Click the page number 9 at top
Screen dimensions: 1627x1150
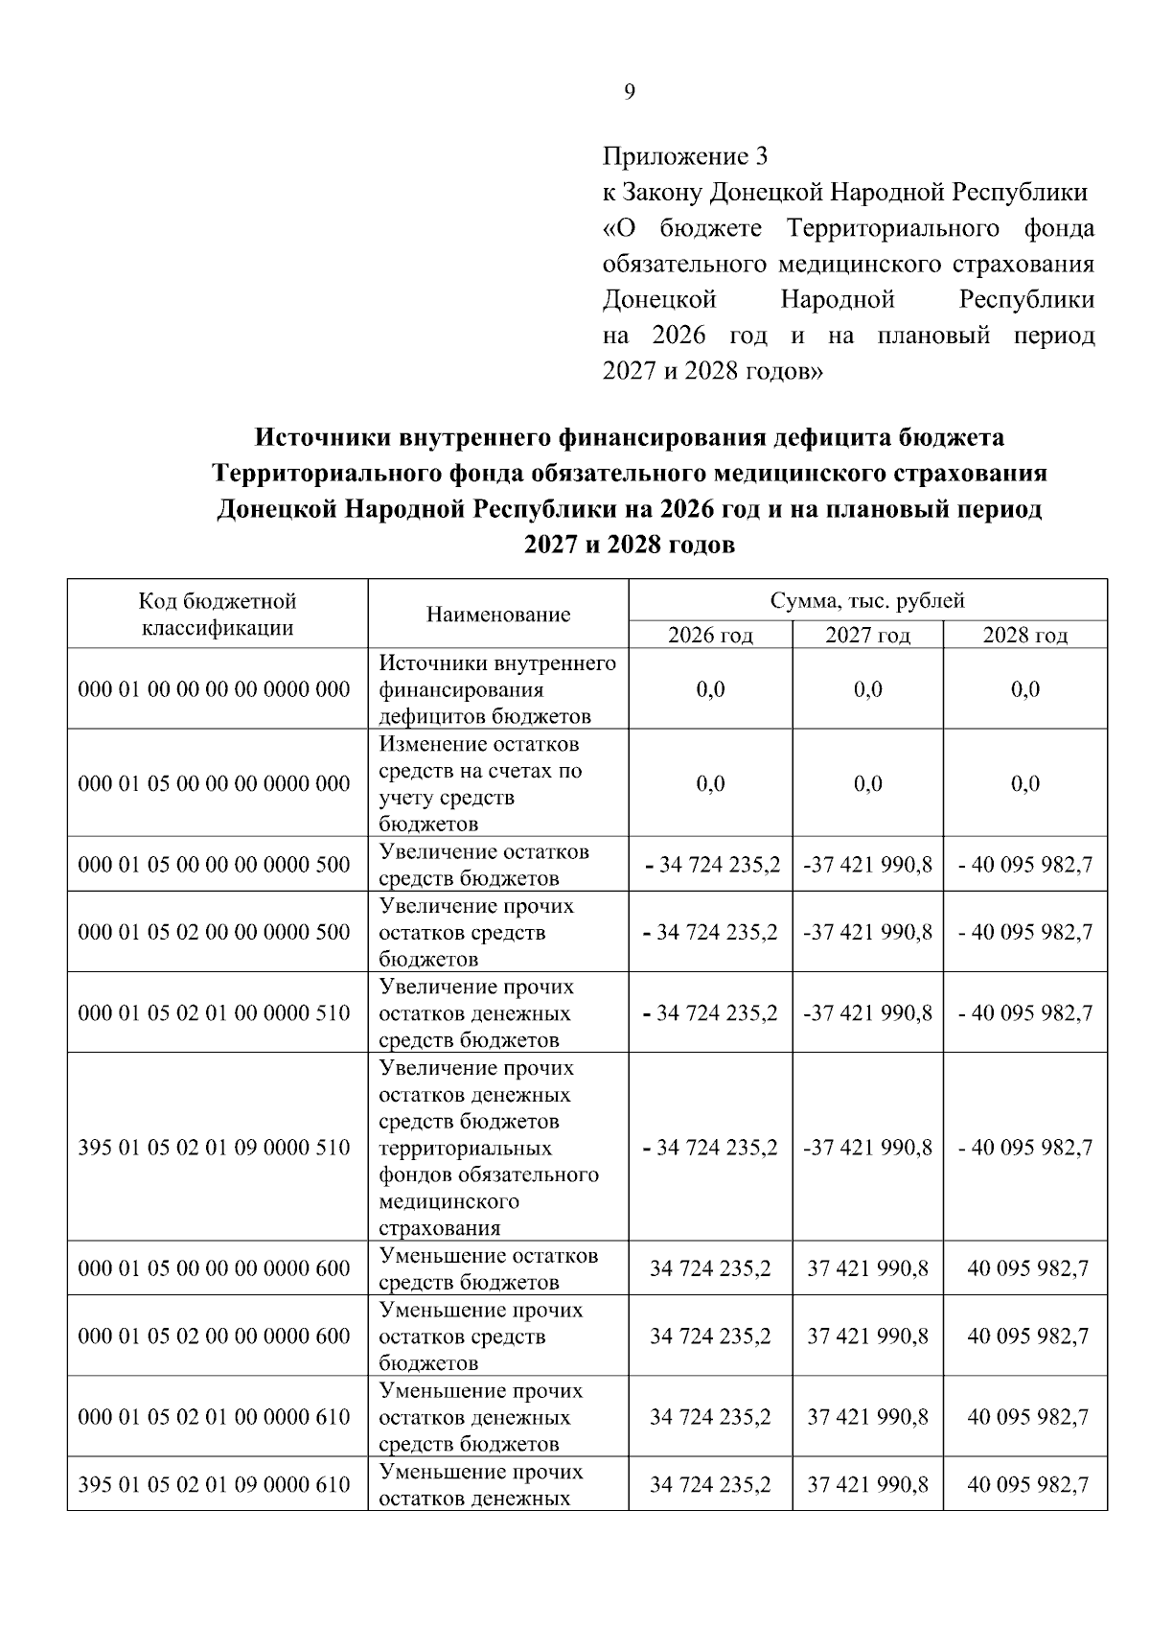[x=629, y=92]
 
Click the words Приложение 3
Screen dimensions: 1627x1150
[x=685, y=156]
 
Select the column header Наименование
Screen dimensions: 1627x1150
[x=498, y=615]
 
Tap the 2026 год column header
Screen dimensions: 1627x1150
[x=710, y=636]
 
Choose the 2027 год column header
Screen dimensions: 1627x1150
[x=867, y=636]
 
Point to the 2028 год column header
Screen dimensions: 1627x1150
[x=1024, y=636]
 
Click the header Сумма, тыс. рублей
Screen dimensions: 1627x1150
[x=867, y=601]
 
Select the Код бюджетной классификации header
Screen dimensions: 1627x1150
[x=218, y=615]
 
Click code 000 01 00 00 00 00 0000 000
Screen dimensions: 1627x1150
[x=215, y=689]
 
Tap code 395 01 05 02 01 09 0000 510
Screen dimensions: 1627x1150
[x=215, y=1148]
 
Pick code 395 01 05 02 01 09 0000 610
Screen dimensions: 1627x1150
[x=215, y=1484]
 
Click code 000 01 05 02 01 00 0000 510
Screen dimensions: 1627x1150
[x=215, y=1013]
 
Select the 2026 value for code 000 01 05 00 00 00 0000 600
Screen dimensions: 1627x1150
[x=710, y=1268]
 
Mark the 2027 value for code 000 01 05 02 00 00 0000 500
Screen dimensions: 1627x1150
[x=867, y=932]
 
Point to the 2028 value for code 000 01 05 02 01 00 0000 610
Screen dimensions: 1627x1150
[x=1027, y=1417]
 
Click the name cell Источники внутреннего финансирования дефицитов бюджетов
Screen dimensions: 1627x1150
[x=497, y=689]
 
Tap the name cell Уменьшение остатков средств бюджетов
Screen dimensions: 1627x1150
[x=489, y=1268]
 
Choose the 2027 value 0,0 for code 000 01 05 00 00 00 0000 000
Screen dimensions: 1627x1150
[x=867, y=783]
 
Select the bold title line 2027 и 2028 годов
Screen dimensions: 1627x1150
[x=630, y=546]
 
